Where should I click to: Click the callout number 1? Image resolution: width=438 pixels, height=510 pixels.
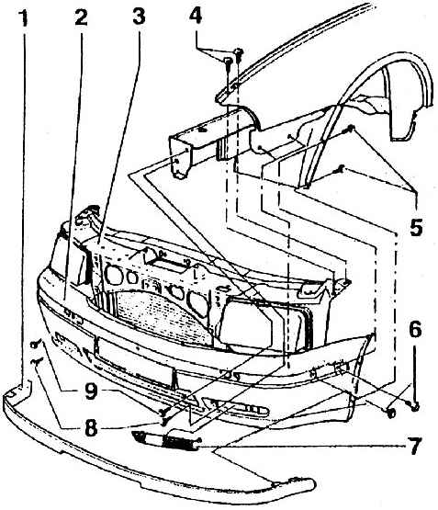(x=23, y=18)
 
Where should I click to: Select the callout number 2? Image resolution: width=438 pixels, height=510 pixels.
(x=81, y=17)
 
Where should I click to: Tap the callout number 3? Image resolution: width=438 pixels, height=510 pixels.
(x=139, y=17)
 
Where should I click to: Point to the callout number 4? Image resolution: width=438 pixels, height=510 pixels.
(x=196, y=16)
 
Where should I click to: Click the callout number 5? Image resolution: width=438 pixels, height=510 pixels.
(x=416, y=227)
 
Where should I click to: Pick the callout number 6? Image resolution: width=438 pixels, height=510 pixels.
(x=415, y=329)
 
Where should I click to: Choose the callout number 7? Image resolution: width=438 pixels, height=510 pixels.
(x=415, y=446)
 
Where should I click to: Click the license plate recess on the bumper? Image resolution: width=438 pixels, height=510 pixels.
(x=134, y=360)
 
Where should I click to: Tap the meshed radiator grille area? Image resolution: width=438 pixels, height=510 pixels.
(x=156, y=312)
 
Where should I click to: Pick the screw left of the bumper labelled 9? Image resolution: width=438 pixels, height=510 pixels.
(x=36, y=343)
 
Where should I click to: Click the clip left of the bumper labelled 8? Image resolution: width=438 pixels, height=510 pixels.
(x=37, y=361)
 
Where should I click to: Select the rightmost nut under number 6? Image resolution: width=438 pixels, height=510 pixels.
(x=415, y=406)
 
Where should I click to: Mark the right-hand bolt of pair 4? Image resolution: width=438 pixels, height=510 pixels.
(x=239, y=54)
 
